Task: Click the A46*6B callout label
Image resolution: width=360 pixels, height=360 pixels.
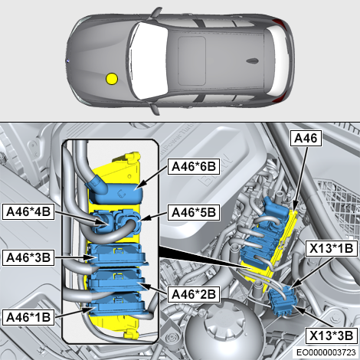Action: tap(194, 167)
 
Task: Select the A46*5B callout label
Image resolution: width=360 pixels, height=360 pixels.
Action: tap(194, 212)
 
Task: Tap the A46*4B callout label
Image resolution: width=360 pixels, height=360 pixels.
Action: tap(28, 211)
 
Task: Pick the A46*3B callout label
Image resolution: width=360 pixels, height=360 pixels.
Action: tap(28, 257)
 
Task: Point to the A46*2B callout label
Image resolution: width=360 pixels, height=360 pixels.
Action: tap(194, 294)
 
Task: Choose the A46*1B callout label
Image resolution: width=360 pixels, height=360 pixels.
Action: tap(28, 317)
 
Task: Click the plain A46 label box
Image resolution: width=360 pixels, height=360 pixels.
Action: tap(306, 139)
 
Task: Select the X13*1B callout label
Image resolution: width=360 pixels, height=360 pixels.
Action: tap(331, 249)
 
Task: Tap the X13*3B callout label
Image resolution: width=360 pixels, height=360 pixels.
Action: tap(331, 335)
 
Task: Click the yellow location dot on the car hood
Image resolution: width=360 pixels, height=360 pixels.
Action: tap(112, 79)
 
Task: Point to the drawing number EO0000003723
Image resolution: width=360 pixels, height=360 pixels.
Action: tap(326, 352)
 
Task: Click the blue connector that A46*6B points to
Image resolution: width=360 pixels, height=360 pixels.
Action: tap(115, 190)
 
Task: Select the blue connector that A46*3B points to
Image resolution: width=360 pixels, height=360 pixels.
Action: tap(117, 255)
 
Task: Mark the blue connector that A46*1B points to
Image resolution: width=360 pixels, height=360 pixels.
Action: tap(116, 304)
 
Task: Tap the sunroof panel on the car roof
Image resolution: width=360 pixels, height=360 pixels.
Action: tap(191, 61)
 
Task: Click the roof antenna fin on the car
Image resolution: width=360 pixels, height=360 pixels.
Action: tap(253, 61)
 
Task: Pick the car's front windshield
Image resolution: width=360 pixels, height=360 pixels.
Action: tap(148, 61)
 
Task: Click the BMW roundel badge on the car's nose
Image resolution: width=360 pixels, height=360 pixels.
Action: tap(68, 61)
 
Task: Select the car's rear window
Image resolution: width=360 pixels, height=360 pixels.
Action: tap(278, 61)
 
